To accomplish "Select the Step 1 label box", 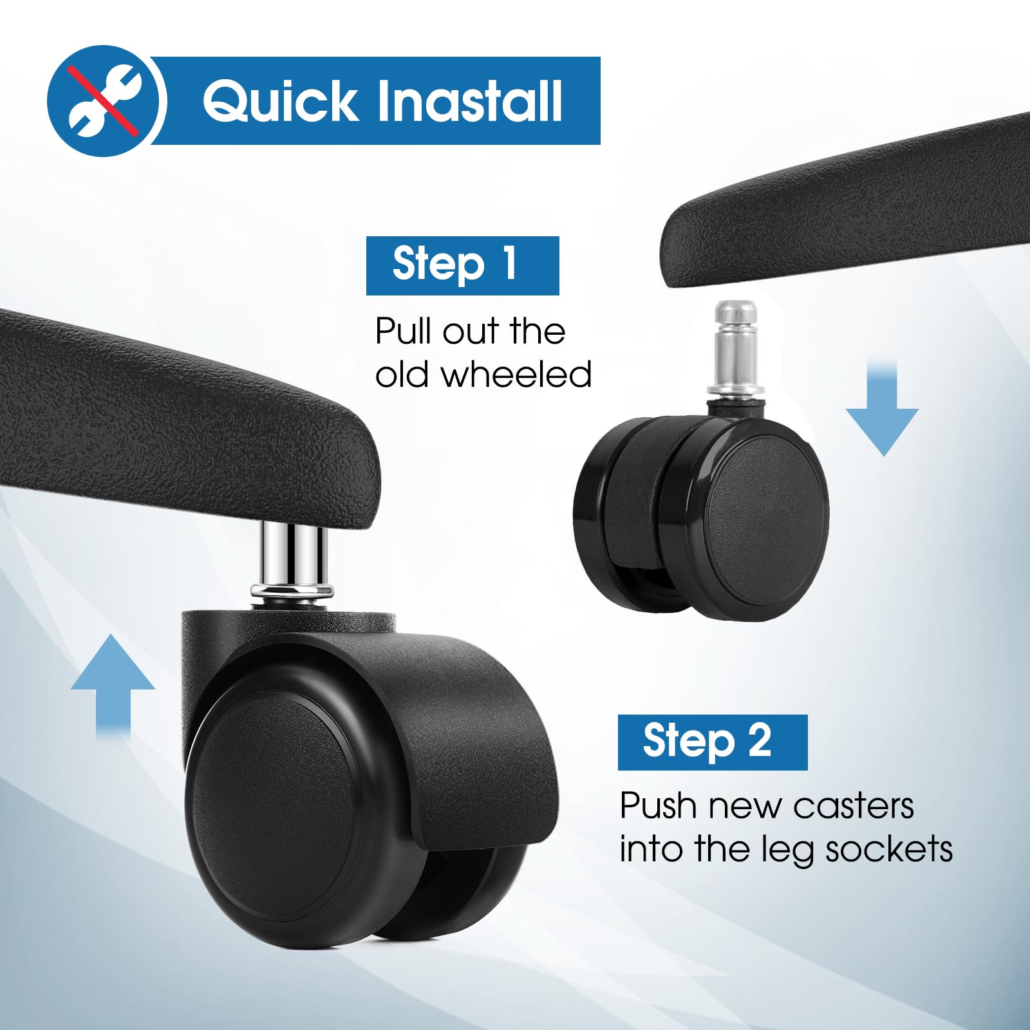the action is point(462,265).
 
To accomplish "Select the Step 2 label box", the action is point(713,742).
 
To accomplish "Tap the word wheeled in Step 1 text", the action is point(516,375).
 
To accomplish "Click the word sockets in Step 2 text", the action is point(889,850).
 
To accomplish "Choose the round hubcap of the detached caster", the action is point(766,516).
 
